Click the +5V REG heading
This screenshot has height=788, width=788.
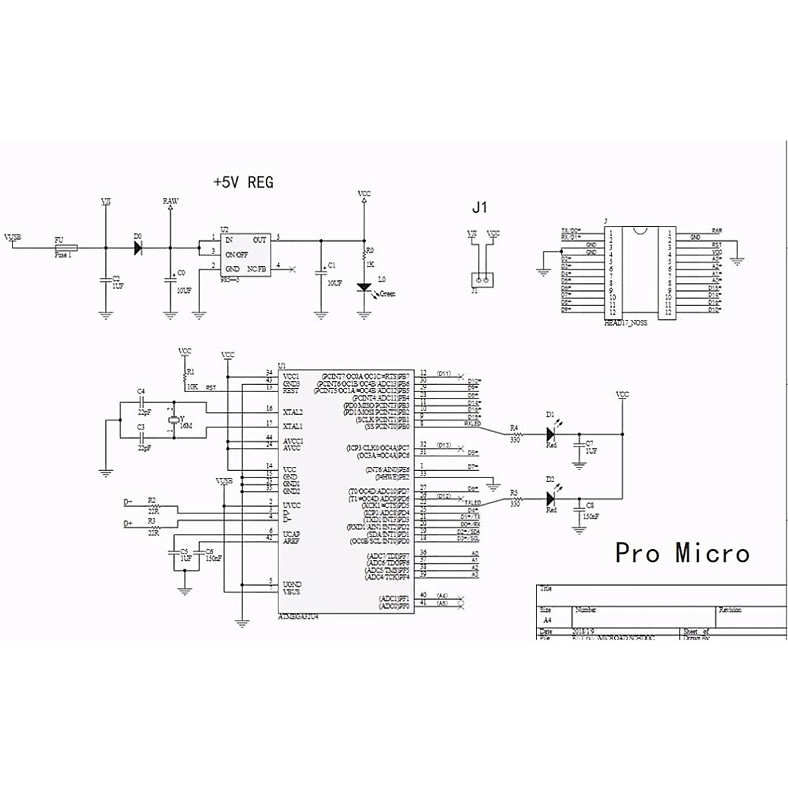[x=243, y=182]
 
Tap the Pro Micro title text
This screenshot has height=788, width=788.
[x=682, y=553]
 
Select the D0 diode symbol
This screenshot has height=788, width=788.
[x=138, y=248]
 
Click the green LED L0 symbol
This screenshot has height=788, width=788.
[x=363, y=288]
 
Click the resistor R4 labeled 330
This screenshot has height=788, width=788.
[x=517, y=434]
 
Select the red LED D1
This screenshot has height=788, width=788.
[x=551, y=434]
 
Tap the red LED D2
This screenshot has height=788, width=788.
[x=551, y=499]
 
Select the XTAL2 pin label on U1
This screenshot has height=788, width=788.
[x=292, y=412]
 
